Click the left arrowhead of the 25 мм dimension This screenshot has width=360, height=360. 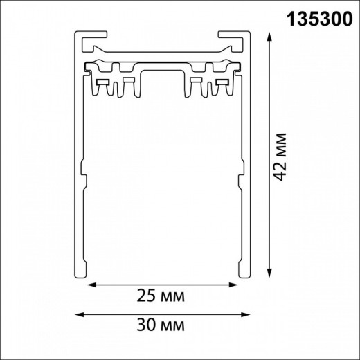click(89, 285)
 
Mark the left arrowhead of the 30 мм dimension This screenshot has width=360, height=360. click(78, 314)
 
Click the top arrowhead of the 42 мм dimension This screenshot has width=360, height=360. click(267, 35)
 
